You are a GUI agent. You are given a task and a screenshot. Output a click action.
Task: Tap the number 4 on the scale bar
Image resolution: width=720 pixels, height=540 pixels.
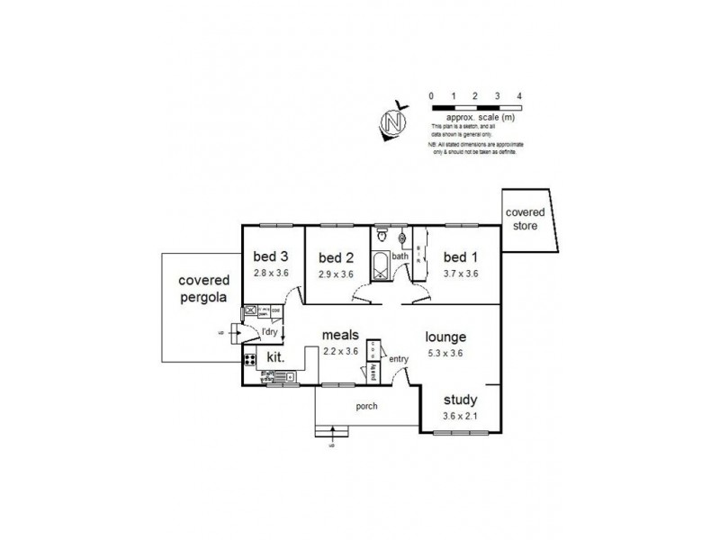(519, 95)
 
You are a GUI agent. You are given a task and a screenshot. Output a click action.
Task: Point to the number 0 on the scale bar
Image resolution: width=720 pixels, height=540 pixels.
(431, 95)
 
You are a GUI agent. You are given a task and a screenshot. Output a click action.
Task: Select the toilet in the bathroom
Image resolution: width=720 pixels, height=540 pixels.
(382, 238)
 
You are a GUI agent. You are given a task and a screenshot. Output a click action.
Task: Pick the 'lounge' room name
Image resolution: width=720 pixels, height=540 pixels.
(447, 337)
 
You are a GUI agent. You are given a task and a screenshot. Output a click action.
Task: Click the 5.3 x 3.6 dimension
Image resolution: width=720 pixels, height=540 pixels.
(447, 353)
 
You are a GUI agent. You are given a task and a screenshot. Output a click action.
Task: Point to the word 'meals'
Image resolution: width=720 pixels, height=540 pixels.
(342, 336)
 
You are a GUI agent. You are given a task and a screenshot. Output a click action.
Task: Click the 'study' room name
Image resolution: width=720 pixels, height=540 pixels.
(461, 400)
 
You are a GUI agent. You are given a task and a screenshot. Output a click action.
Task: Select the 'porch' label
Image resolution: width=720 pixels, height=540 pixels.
(366, 406)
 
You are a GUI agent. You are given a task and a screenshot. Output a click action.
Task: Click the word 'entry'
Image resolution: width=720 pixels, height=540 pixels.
(399, 359)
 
